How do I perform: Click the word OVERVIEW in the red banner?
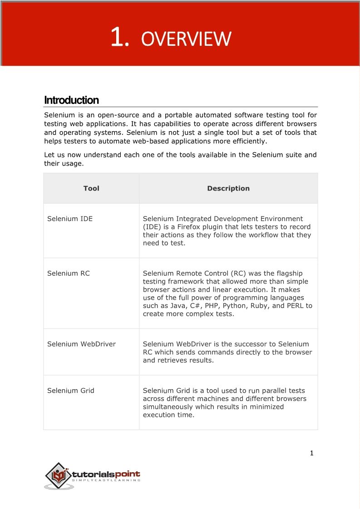coord(186,39)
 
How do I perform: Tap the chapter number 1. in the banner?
coord(120,38)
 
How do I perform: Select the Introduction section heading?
coord(71,100)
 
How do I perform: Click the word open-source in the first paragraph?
coord(118,115)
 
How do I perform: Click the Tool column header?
coord(91,188)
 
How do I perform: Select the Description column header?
coord(228,188)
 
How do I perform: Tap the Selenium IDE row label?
coord(70,219)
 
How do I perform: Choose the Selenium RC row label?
coord(69,273)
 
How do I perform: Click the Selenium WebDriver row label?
coord(81,344)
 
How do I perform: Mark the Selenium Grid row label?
coord(71,390)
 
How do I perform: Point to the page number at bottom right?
coord(311,453)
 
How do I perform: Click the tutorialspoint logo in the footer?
coord(93,476)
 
